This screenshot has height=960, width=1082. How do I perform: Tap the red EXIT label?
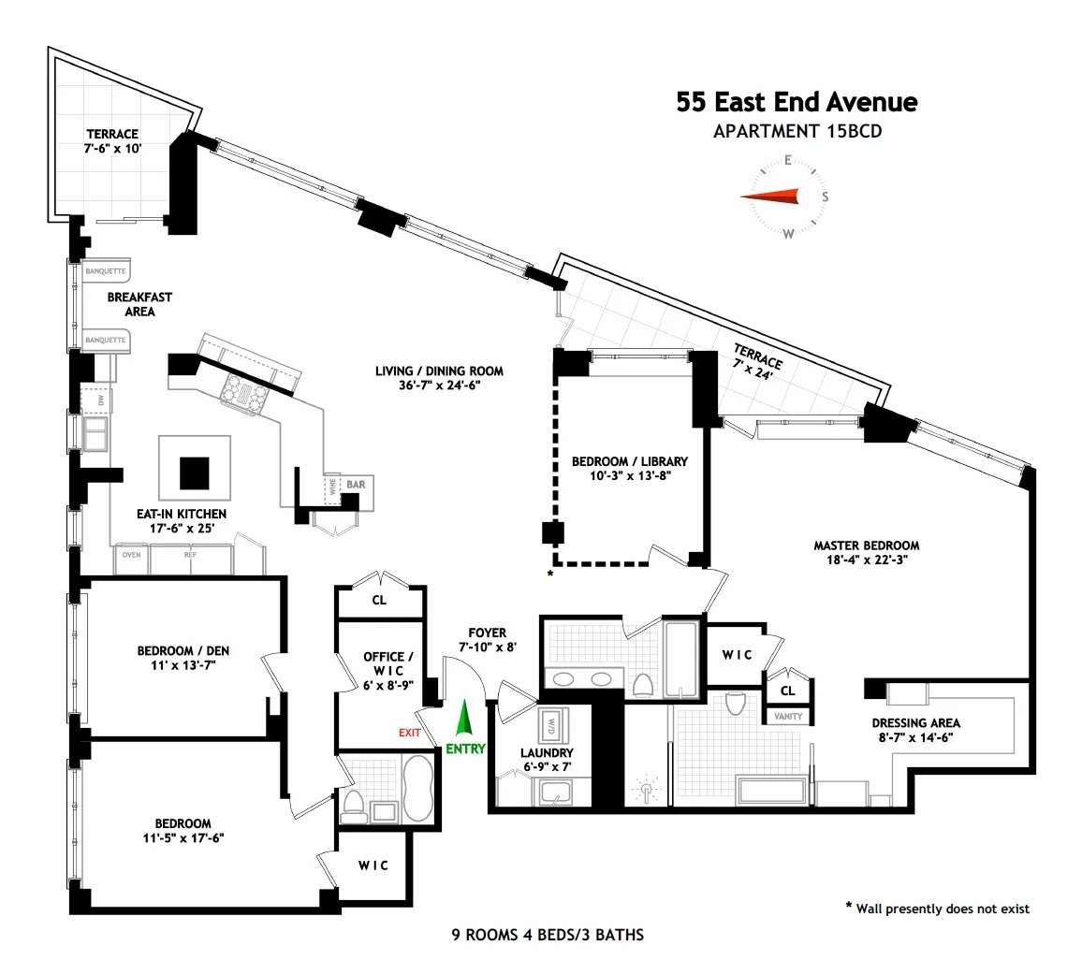click(x=409, y=733)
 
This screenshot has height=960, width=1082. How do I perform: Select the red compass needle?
click(x=770, y=196)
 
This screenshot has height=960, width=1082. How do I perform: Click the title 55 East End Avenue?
click(x=797, y=102)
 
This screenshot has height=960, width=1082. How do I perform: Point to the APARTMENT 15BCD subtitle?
click(x=797, y=132)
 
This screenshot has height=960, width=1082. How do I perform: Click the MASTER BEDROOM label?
click(x=866, y=545)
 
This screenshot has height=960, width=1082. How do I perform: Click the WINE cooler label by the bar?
click(x=331, y=487)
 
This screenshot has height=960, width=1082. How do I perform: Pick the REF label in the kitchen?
click(x=190, y=555)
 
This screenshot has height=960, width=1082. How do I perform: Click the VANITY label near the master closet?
click(x=788, y=717)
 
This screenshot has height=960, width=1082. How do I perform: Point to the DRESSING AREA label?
click(x=915, y=722)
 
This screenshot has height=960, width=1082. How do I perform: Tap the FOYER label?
click(x=482, y=633)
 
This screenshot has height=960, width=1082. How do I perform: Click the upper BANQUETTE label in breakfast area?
click(x=105, y=271)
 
